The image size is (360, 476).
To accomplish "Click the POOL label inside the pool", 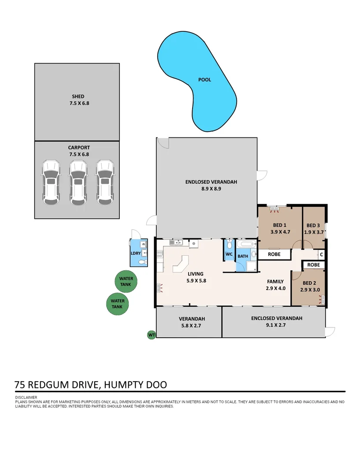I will (x=204, y=80).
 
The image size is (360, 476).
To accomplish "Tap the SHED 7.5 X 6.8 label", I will (x=78, y=100).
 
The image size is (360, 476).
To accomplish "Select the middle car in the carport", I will (x=78, y=182).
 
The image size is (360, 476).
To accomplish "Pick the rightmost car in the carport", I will (x=105, y=182).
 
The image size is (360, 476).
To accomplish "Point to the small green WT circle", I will (x=151, y=335).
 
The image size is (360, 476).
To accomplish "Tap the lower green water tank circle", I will (x=117, y=304).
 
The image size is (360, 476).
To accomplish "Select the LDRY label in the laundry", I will (x=135, y=253).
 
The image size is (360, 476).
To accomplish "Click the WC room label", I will (x=229, y=254).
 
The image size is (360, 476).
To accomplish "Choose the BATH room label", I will (x=243, y=256).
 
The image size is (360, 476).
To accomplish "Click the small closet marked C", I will (x=321, y=254).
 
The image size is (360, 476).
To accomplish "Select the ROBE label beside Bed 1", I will (x=274, y=254).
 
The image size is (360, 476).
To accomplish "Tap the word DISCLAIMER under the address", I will (x=26, y=398).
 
